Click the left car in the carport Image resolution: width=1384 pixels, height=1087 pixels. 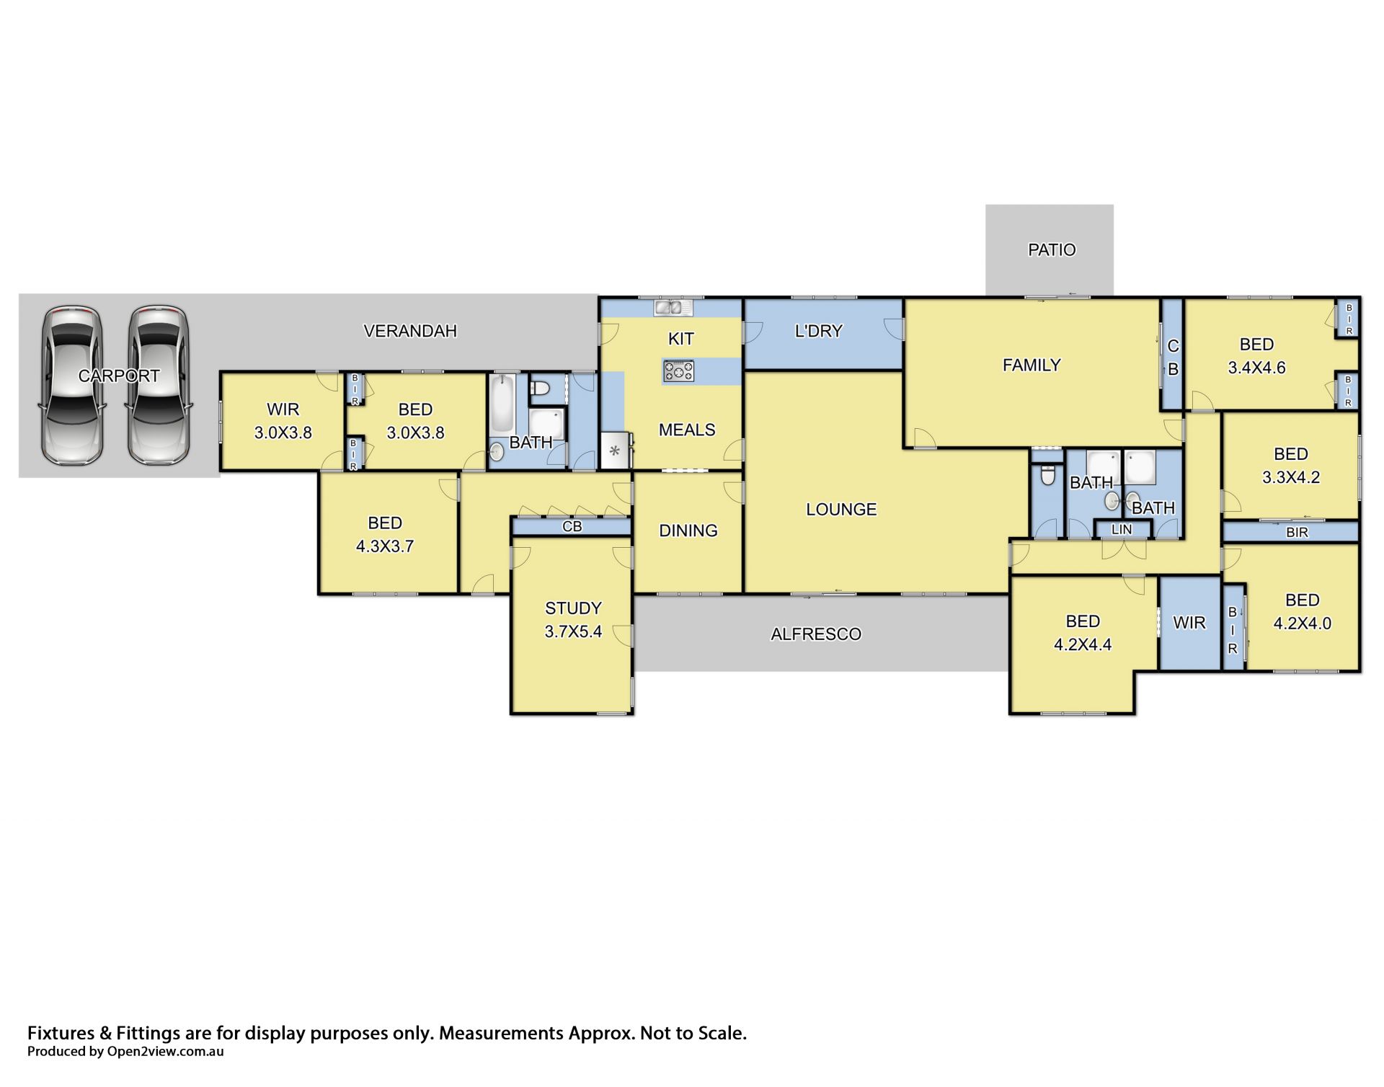[x=72, y=386]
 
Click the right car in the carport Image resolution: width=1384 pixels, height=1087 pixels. [x=159, y=386]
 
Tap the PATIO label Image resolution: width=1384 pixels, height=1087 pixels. [x=1052, y=250]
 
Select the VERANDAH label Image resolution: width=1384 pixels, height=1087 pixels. [x=410, y=331]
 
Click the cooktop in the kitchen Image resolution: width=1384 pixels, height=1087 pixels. [x=679, y=371]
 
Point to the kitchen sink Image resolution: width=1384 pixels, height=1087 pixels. [x=673, y=308]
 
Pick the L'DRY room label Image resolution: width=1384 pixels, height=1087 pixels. [x=818, y=331]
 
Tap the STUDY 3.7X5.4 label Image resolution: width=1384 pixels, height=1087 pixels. [x=573, y=620]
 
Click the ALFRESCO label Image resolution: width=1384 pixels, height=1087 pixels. [x=816, y=634]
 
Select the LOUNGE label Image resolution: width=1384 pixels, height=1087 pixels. [x=841, y=510]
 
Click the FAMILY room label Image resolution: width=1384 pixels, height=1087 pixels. [x=1032, y=365]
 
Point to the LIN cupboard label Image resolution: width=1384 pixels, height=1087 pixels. [x=1122, y=530]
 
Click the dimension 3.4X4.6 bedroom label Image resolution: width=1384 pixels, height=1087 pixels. [x=1257, y=368]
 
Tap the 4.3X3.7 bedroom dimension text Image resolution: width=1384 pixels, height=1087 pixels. [x=385, y=546]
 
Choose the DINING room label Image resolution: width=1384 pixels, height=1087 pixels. [x=688, y=531]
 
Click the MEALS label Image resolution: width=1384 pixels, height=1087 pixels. [x=687, y=430]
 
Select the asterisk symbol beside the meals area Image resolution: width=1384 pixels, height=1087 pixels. [x=615, y=452]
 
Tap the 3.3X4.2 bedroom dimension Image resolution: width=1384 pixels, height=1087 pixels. [x=1290, y=477]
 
